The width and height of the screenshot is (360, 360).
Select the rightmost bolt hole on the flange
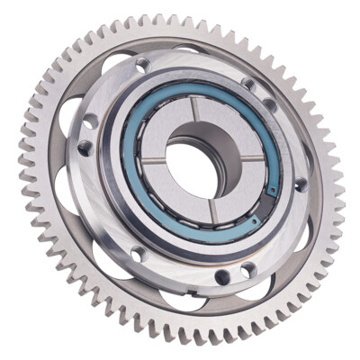[x=301, y=184]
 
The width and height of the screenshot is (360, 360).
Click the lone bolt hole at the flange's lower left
[x=137, y=254]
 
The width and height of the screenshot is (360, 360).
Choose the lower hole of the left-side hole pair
[x=84, y=148]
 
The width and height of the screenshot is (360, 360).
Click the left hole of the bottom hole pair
[x=220, y=276]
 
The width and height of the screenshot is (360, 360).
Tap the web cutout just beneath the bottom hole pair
[x=243, y=289]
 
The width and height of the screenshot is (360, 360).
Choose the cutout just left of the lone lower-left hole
[x=108, y=260]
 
